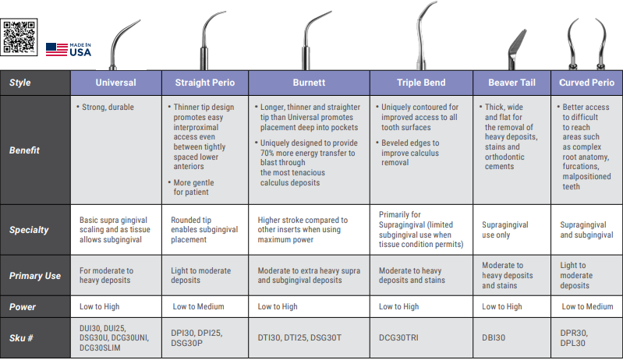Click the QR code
click(x=19, y=37)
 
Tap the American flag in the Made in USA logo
click(x=56, y=50)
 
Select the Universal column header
click(x=116, y=83)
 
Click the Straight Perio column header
click(x=205, y=83)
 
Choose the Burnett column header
click(x=309, y=83)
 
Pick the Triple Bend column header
click(x=421, y=83)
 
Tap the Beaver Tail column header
click(x=511, y=83)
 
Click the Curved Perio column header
click(x=587, y=83)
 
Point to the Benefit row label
click(x=24, y=150)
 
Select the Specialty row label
click(x=29, y=230)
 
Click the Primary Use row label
click(x=35, y=276)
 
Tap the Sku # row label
click(x=21, y=338)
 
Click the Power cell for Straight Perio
click(x=198, y=306)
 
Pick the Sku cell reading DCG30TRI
click(x=398, y=337)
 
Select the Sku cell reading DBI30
click(x=494, y=337)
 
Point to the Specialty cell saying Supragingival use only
click(x=505, y=230)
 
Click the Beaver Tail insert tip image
click(x=516, y=50)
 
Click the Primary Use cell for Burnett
click(x=309, y=276)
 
